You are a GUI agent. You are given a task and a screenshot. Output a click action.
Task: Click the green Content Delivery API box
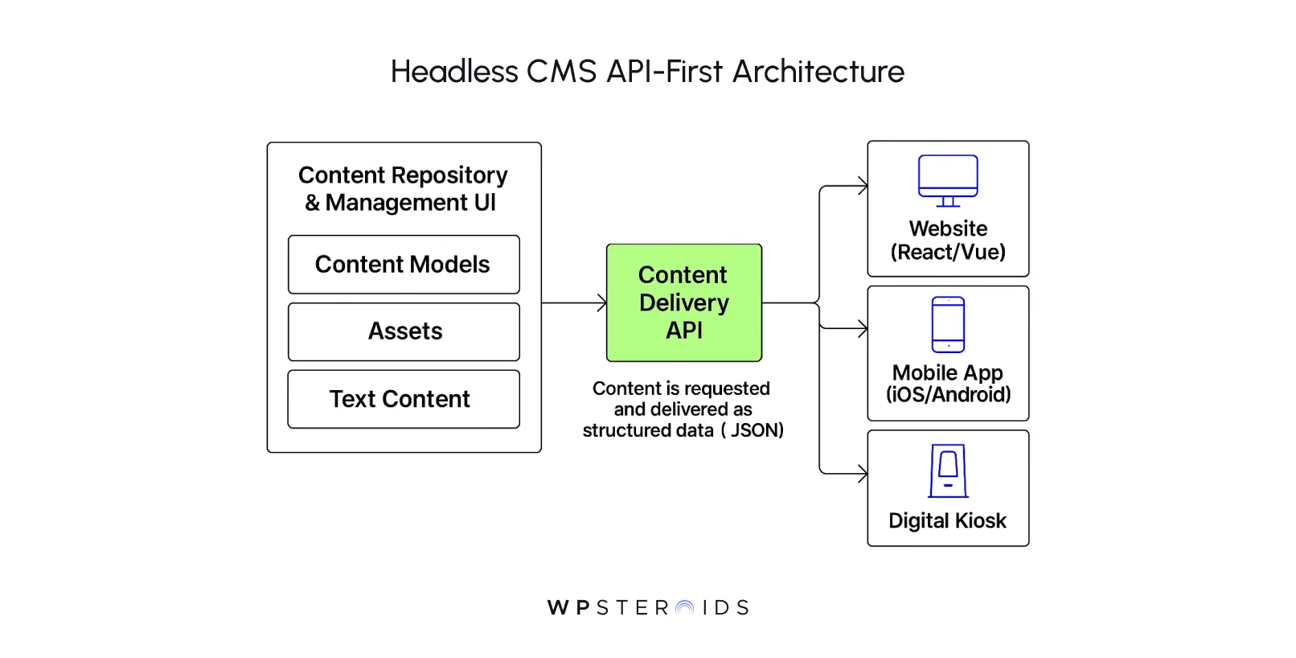[x=683, y=302]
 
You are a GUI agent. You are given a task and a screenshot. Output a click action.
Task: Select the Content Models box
[x=404, y=265]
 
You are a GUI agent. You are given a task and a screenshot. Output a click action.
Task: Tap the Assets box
[x=404, y=331]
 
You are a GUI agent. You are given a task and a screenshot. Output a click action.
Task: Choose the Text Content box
[x=404, y=399]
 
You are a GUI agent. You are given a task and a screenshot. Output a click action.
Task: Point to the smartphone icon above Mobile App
[x=948, y=324]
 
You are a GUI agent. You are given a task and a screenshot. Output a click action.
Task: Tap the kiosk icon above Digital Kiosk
[x=948, y=471]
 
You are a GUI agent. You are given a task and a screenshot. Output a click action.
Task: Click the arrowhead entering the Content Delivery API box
[x=602, y=303]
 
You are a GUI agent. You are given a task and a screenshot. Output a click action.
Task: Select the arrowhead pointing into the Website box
[x=863, y=186]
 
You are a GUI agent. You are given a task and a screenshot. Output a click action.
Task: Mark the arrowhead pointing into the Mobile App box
[x=863, y=328]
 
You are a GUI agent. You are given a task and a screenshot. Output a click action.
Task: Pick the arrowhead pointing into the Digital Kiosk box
[x=863, y=474]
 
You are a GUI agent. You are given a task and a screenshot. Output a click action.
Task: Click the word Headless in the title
[x=454, y=72]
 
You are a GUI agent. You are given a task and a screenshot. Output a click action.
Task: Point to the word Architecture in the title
[x=818, y=72]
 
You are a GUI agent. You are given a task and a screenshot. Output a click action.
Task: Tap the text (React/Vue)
[x=948, y=253]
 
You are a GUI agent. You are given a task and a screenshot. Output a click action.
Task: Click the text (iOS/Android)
[x=948, y=395]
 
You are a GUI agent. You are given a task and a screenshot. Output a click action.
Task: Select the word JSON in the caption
[x=754, y=430]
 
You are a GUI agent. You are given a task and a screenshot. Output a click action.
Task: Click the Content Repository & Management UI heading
[x=403, y=189]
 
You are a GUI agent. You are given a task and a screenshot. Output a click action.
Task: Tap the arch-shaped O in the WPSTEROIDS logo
[x=685, y=608]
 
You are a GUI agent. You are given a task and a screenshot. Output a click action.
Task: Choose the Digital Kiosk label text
[x=947, y=521]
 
